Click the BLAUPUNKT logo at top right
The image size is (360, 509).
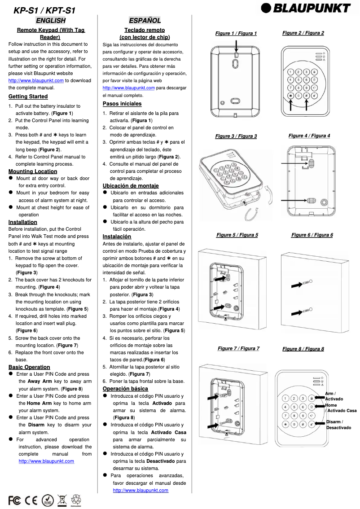(306, 8)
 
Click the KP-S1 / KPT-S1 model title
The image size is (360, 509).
(44, 10)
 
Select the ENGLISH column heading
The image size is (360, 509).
(51, 20)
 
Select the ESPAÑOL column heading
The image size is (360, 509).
(145, 20)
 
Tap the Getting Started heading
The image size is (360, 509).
(28, 97)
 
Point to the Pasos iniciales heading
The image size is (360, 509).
(122, 104)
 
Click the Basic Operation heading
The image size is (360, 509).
(29, 367)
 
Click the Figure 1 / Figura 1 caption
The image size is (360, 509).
(236, 33)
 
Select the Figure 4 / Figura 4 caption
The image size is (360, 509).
(309, 136)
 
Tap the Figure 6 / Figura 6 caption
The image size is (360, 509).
(312, 235)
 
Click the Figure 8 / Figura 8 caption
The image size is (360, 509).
(303, 349)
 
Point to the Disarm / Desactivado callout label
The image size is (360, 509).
(338, 425)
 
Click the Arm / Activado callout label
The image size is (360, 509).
(334, 396)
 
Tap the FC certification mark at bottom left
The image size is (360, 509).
(14, 500)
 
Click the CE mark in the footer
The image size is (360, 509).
(31, 500)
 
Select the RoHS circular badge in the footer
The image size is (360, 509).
(48, 500)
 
